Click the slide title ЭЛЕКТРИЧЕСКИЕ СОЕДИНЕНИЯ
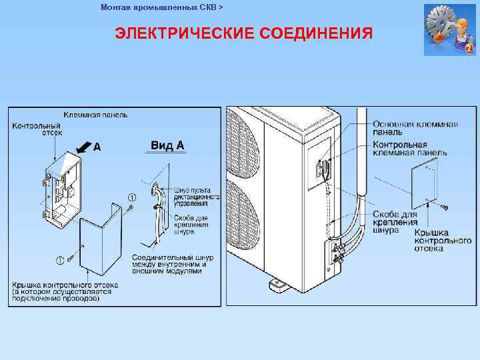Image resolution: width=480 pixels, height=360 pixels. pos(243,33)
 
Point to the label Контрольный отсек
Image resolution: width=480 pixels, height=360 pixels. pos(37,129)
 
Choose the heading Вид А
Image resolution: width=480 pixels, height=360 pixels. pos(167,145)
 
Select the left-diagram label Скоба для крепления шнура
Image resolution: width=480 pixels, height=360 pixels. pos(191,225)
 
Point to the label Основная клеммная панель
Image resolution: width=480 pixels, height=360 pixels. pos(415,128)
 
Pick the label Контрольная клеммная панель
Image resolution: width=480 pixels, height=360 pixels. pos(409,149)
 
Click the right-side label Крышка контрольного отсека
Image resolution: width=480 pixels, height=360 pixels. pos(443,240)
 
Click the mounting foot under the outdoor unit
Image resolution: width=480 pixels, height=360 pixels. pos(276,286)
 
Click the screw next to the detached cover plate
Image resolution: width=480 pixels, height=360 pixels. pos(443,208)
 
